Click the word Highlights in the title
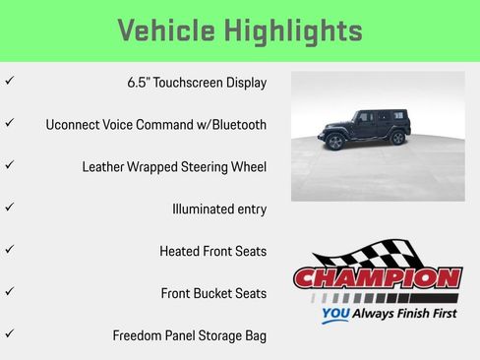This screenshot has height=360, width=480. (x=296, y=30)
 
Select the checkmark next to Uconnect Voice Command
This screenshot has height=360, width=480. (x=9, y=124)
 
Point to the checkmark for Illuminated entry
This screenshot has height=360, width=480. (x=9, y=209)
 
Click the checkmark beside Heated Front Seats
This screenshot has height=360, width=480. (x=9, y=251)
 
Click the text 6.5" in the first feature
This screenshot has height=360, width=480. (x=139, y=83)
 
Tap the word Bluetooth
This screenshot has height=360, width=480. (x=234, y=125)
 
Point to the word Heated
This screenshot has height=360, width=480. (x=180, y=252)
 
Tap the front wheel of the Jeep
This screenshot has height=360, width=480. (x=335, y=141)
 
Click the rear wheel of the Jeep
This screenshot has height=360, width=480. (x=397, y=138)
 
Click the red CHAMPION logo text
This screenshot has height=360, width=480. (x=378, y=278)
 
